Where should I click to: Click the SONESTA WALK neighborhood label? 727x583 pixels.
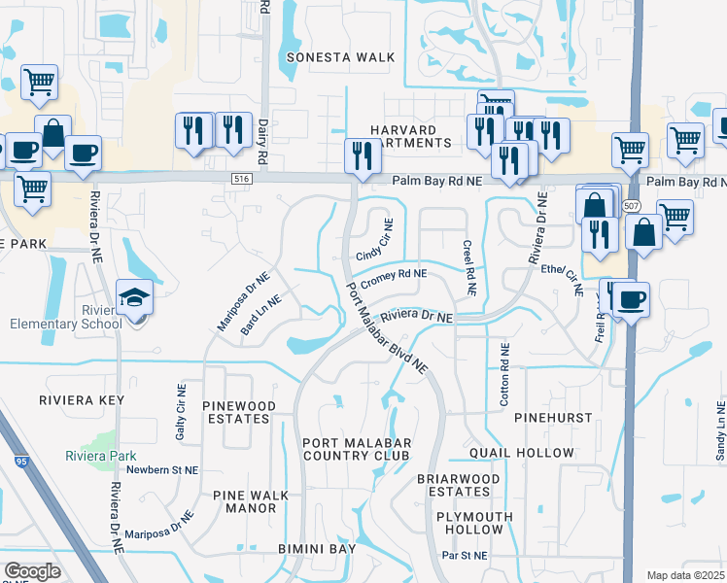[341, 57]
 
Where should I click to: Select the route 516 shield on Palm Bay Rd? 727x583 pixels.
[242, 179]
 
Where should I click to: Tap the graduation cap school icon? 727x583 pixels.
[134, 298]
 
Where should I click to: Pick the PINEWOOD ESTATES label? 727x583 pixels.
[236, 411]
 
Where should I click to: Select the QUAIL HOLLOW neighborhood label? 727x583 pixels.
[521, 453]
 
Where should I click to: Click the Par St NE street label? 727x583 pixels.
[465, 556]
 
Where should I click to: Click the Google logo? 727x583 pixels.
[32, 570]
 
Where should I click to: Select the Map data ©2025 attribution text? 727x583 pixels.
[684, 575]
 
